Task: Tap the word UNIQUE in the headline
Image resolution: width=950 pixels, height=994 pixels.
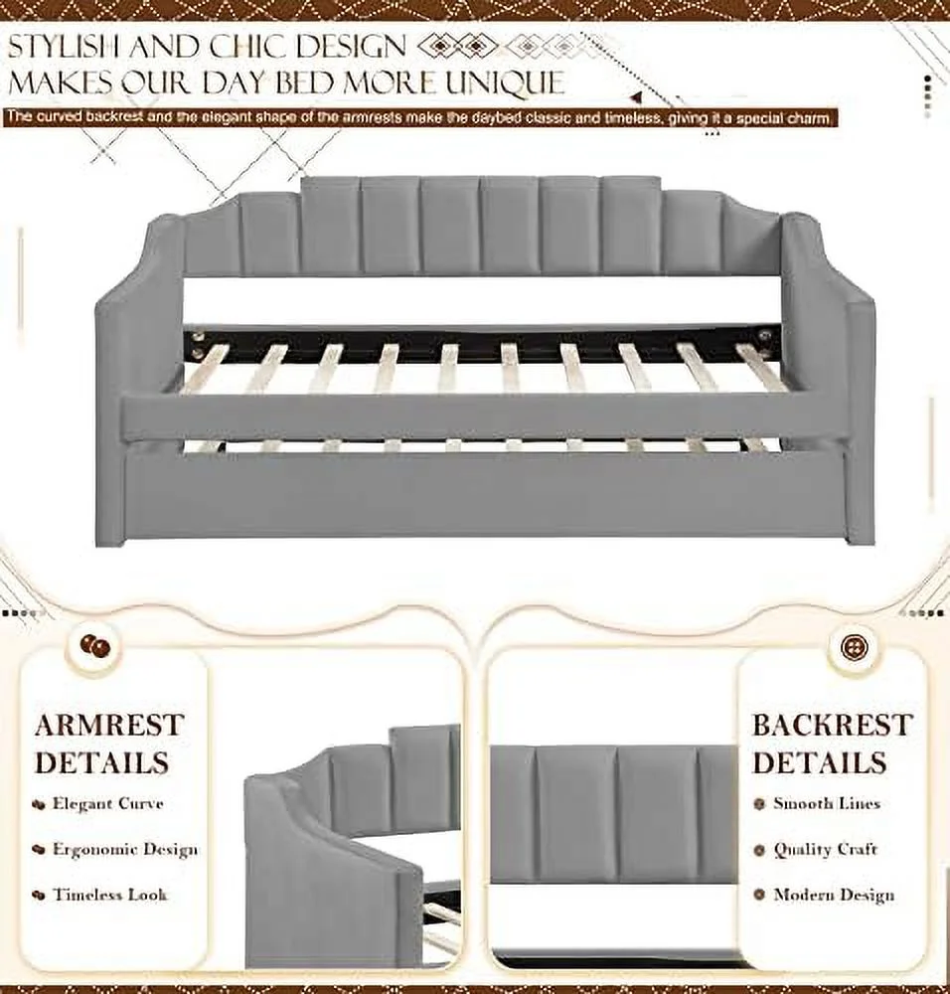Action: click(x=503, y=83)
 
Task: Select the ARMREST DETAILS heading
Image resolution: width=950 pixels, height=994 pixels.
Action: click(x=109, y=744)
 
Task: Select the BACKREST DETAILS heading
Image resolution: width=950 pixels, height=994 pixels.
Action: click(x=832, y=744)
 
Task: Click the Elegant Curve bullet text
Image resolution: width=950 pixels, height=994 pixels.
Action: click(x=107, y=804)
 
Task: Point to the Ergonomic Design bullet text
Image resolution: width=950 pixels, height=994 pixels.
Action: click(x=125, y=850)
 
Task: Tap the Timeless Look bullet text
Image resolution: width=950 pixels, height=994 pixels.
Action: click(x=109, y=895)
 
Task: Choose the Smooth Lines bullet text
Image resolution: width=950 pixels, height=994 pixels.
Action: click(x=827, y=804)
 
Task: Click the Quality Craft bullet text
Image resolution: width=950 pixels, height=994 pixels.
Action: click(x=825, y=850)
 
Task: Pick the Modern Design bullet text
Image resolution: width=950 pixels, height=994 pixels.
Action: click(x=834, y=895)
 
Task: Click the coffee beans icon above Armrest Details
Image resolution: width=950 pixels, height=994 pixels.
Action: click(x=95, y=646)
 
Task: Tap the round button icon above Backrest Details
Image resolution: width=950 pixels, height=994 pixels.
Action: click(x=852, y=647)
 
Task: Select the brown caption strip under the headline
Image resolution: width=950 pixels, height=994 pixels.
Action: click(x=420, y=118)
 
